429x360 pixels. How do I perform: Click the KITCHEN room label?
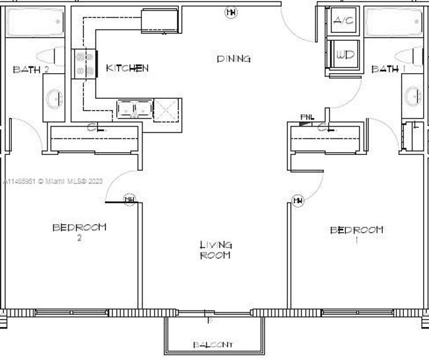click(127, 68)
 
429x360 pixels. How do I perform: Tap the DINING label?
click(234, 59)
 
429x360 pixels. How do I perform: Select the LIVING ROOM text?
click(215, 250)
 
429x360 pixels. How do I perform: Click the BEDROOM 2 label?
click(79, 231)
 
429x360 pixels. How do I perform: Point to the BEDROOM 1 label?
click(356, 234)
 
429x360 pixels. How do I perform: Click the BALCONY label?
click(213, 345)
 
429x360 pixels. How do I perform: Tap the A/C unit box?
click(343, 21)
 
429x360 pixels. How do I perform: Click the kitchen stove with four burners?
click(85, 64)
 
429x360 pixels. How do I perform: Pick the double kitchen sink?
click(134, 108)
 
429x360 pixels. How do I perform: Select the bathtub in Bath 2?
click(34, 24)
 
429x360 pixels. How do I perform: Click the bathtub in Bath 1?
click(394, 24)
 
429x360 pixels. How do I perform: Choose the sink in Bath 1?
click(413, 98)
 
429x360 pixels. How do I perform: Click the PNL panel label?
click(305, 117)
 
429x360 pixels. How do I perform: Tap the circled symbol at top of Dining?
click(230, 11)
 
